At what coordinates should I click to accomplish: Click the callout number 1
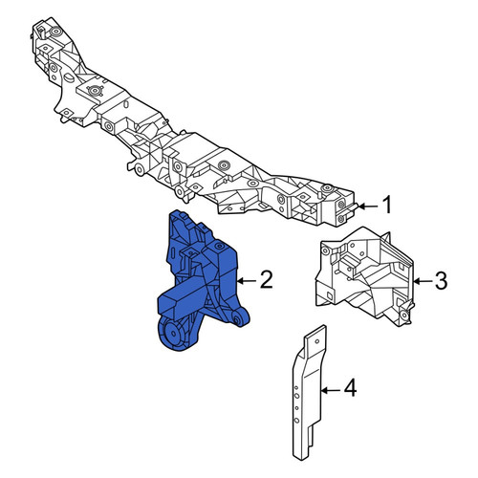click(387, 205)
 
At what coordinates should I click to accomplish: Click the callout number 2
click(266, 279)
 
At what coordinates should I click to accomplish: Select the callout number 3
click(442, 281)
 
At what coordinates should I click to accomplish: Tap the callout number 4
click(350, 388)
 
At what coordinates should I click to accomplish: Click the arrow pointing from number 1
click(368, 206)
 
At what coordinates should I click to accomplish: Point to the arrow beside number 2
click(247, 281)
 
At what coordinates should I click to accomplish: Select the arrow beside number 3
click(423, 281)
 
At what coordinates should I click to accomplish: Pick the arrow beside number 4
click(331, 390)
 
